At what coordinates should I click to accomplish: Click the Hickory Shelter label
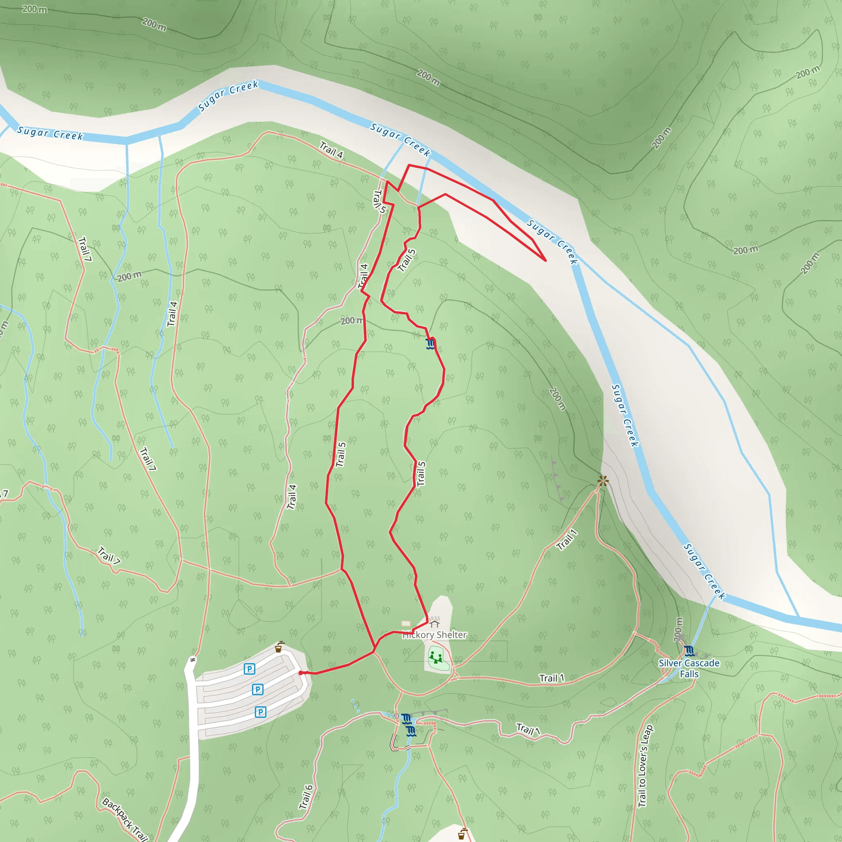coord(434,635)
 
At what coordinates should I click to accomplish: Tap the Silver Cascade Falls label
coord(689,669)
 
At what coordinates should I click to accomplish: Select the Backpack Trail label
coord(125,819)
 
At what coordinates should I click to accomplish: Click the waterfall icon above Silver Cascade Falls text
coord(689,651)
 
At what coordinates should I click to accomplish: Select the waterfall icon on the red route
coord(430,344)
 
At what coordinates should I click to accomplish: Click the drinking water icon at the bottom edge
coord(462,834)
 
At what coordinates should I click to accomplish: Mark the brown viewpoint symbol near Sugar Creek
coord(603,481)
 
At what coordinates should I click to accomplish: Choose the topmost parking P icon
coord(249,669)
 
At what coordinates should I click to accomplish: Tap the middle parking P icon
coord(257,689)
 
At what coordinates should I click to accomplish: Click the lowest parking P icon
coord(260,712)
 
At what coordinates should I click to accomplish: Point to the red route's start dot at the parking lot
coord(301,673)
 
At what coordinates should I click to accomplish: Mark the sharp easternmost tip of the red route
coord(546,261)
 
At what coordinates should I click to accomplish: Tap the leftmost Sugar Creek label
coord(50,133)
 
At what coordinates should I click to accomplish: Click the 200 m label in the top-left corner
coord(35,9)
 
